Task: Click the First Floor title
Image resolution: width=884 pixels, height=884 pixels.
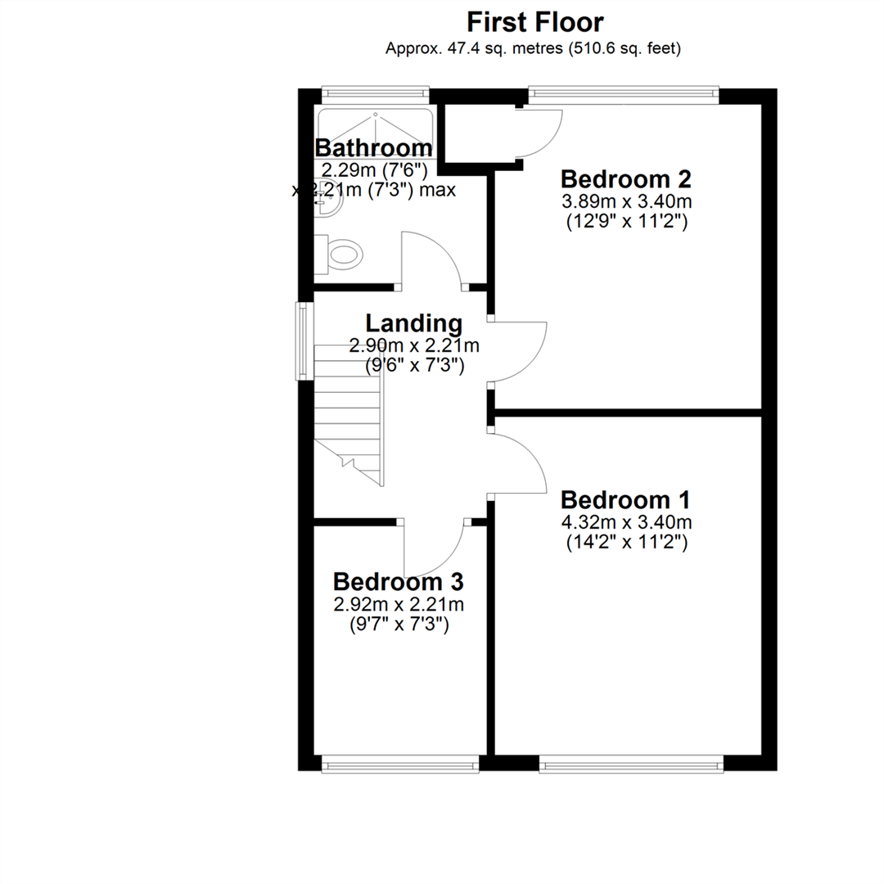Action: (x=535, y=23)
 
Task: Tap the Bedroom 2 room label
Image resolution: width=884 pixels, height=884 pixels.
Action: (x=626, y=179)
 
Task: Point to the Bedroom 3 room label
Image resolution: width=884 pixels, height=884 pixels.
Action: (x=398, y=582)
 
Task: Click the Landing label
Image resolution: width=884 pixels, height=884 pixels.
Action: (x=414, y=323)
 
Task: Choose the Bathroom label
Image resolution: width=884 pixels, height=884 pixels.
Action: (x=373, y=147)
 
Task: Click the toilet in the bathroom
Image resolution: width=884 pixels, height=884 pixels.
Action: (x=338, y=255)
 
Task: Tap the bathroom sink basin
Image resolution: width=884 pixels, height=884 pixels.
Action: (x=328, y=196)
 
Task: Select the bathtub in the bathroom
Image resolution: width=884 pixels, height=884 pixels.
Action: (x=375, y=133)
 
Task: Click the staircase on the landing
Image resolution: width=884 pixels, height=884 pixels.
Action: (x=349, y=415)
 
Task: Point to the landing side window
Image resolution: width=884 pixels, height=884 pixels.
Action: (x=305, y=341)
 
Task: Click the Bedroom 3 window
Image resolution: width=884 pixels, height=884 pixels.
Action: (x=399, y=764)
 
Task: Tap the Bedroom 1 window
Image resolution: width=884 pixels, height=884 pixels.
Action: (x=631, y=764)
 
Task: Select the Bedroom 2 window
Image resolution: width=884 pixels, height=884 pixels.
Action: (x=624, y=95)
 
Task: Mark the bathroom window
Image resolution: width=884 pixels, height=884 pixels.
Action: (x=376, y=95)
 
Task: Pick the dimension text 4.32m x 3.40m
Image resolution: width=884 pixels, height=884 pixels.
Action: (x=626, y=522)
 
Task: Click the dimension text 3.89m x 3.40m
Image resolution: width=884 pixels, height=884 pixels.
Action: (x=626, y=201)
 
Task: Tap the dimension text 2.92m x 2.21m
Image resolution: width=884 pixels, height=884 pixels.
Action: (x=399, y=604)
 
